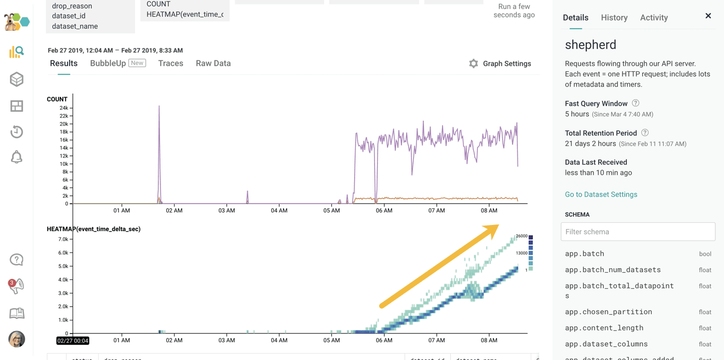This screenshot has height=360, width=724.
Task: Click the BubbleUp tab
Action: click(108, 63)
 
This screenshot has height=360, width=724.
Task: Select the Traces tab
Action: click(170, 63)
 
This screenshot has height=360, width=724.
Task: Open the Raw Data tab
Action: click(213, 63)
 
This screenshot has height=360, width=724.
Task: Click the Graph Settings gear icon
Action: click(473, 63)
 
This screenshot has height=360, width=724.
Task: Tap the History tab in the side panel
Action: click(614, 18)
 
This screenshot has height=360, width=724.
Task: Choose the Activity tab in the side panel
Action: click(654, 18)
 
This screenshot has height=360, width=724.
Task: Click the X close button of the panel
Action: click(708, 16)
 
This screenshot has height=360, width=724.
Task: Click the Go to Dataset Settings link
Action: click(601, 194)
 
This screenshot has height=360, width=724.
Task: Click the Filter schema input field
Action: click(638, 232)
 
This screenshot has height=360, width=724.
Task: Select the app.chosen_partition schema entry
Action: click(608, 312)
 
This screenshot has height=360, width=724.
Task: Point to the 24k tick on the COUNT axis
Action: click(64, 108)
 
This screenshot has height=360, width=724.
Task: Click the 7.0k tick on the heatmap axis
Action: click(63, 239)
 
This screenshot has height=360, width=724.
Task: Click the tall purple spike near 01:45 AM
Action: click(159, 109)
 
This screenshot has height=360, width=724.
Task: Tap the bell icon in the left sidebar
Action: click(17, 157)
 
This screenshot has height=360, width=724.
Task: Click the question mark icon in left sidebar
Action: click(17, 260)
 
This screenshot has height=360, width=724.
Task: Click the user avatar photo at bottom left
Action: click(17, 339)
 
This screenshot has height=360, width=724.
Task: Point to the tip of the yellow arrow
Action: click(498, 225)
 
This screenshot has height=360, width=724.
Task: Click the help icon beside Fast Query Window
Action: click(636, 103)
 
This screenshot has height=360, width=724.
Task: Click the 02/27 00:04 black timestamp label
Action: click(73, 341)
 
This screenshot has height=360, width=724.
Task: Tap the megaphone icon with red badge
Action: click(17, 286)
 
